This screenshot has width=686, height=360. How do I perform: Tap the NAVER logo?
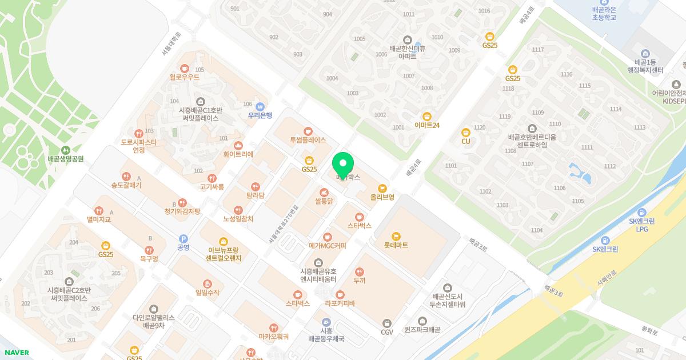pyautogui.click(x=16, y=353)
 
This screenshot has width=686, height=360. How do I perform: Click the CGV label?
pyautogui.click(x=387, y=332)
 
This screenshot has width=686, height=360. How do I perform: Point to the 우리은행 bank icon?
pyautogui.click(x=260, y=106)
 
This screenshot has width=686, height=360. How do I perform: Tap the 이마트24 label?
pyautogui.click(x=427, y=125)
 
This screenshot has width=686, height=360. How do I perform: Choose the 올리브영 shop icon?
pyautogui.click(x=382, y=188)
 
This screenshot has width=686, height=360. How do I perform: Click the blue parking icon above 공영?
pyautogui.click(x=184, y=239)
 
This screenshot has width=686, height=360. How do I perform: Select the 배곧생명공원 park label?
pyautogui.click(x=66, y=158)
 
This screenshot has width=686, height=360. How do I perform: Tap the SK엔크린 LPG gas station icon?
pyautogui.click(x=641, y=211)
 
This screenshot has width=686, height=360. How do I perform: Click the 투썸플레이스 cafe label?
pyautogui.click(x=308, y=140)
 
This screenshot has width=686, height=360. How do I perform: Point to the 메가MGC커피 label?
pyautogui.click(x=327, y=246)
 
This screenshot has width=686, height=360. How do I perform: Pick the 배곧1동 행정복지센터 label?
pyautogui.click(x=645, y=66)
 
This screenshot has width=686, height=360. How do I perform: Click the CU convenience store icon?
pyautogui.click(x=466, y=132)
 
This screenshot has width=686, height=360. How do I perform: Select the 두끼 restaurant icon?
pyautogui.click(x=360, y=272)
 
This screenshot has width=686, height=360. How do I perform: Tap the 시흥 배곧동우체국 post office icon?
pyautogui.click(x=326, y=322)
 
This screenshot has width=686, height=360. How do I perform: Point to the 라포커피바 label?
pyautogui.click(x=340, y=303)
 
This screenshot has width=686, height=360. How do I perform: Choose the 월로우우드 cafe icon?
pyautogui.click(x=184, y=68)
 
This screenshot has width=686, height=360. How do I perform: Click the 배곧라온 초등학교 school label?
pyautogui.click(x=604, y=13)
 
